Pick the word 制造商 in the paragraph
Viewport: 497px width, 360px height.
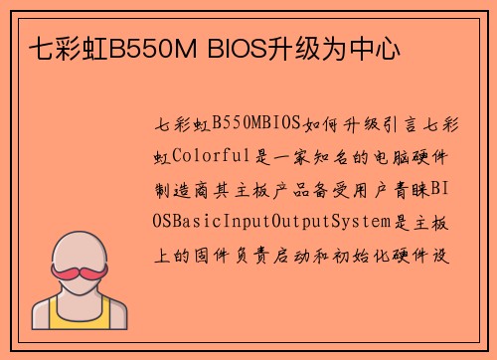pyautogui.click(x=184, y=188)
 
